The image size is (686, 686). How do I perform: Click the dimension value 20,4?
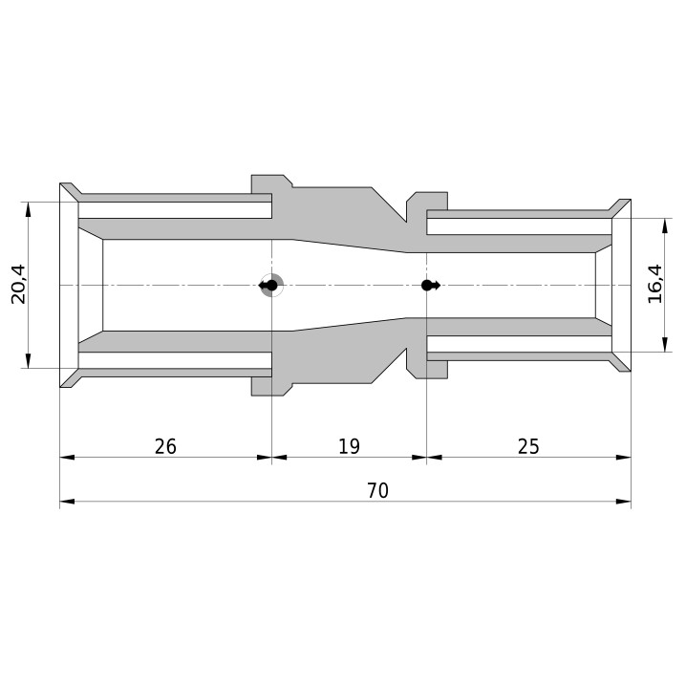tap(19, 285)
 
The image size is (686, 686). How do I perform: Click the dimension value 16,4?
tap(655, 284)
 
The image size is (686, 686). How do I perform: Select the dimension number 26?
tap(165, 447)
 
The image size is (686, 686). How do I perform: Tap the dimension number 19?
tap(349, 447)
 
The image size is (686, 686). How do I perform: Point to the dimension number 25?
tap(528, 447)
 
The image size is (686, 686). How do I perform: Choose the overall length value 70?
tap(378, 491)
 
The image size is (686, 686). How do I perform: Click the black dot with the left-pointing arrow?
tap(268, 286)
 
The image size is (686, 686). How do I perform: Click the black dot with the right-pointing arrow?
tap(431, 286)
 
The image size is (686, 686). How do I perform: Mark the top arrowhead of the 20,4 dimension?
tap(28, 209)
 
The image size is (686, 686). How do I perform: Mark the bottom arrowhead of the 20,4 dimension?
tap(28, 361)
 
